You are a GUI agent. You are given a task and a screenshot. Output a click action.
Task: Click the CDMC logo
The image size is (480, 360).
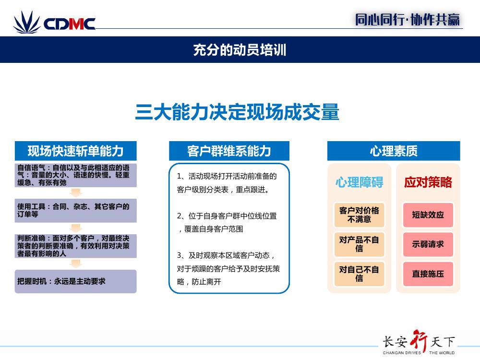coord(54,22)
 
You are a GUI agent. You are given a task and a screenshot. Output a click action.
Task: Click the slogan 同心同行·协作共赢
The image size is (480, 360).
coord(408,20)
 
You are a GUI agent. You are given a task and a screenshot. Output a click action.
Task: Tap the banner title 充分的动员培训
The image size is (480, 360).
coord(240,50)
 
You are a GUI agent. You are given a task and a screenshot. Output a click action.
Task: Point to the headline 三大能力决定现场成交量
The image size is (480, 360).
coord(237,112)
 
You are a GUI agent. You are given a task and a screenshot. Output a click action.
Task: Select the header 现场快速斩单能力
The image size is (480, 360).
coord(76,151)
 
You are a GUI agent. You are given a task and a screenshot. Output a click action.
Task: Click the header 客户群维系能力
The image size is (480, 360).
coord(229,151)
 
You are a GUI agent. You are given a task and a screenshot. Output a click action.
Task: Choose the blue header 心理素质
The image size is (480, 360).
coord(394,151)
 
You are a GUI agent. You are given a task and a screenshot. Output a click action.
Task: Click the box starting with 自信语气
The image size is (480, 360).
coord(76,175)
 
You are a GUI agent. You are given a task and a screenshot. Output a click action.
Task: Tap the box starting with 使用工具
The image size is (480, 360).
coord(76,211)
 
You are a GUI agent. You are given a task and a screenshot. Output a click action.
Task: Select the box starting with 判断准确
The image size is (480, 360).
coord(76,246)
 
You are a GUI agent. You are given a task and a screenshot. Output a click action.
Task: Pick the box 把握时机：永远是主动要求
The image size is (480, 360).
coord(76,281)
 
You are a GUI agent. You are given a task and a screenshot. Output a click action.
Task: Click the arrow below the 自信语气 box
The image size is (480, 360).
coord(76,192)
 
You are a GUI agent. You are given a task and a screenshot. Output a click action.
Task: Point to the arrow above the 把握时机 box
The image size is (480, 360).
coord(76,264)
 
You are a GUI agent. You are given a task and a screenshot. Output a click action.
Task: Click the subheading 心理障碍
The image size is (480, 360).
coord(360,182)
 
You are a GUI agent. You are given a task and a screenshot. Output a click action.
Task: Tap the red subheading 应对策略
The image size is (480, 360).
coord(428,182)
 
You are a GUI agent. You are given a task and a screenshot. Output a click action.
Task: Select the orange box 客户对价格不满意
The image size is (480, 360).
coord(360,215)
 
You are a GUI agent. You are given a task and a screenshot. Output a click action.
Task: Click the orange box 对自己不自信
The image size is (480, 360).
coord(360,274)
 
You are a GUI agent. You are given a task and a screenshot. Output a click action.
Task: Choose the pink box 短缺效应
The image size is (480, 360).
coord(428,215)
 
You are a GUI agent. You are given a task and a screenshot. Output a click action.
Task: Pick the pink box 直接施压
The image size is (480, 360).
coord(428,274)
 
